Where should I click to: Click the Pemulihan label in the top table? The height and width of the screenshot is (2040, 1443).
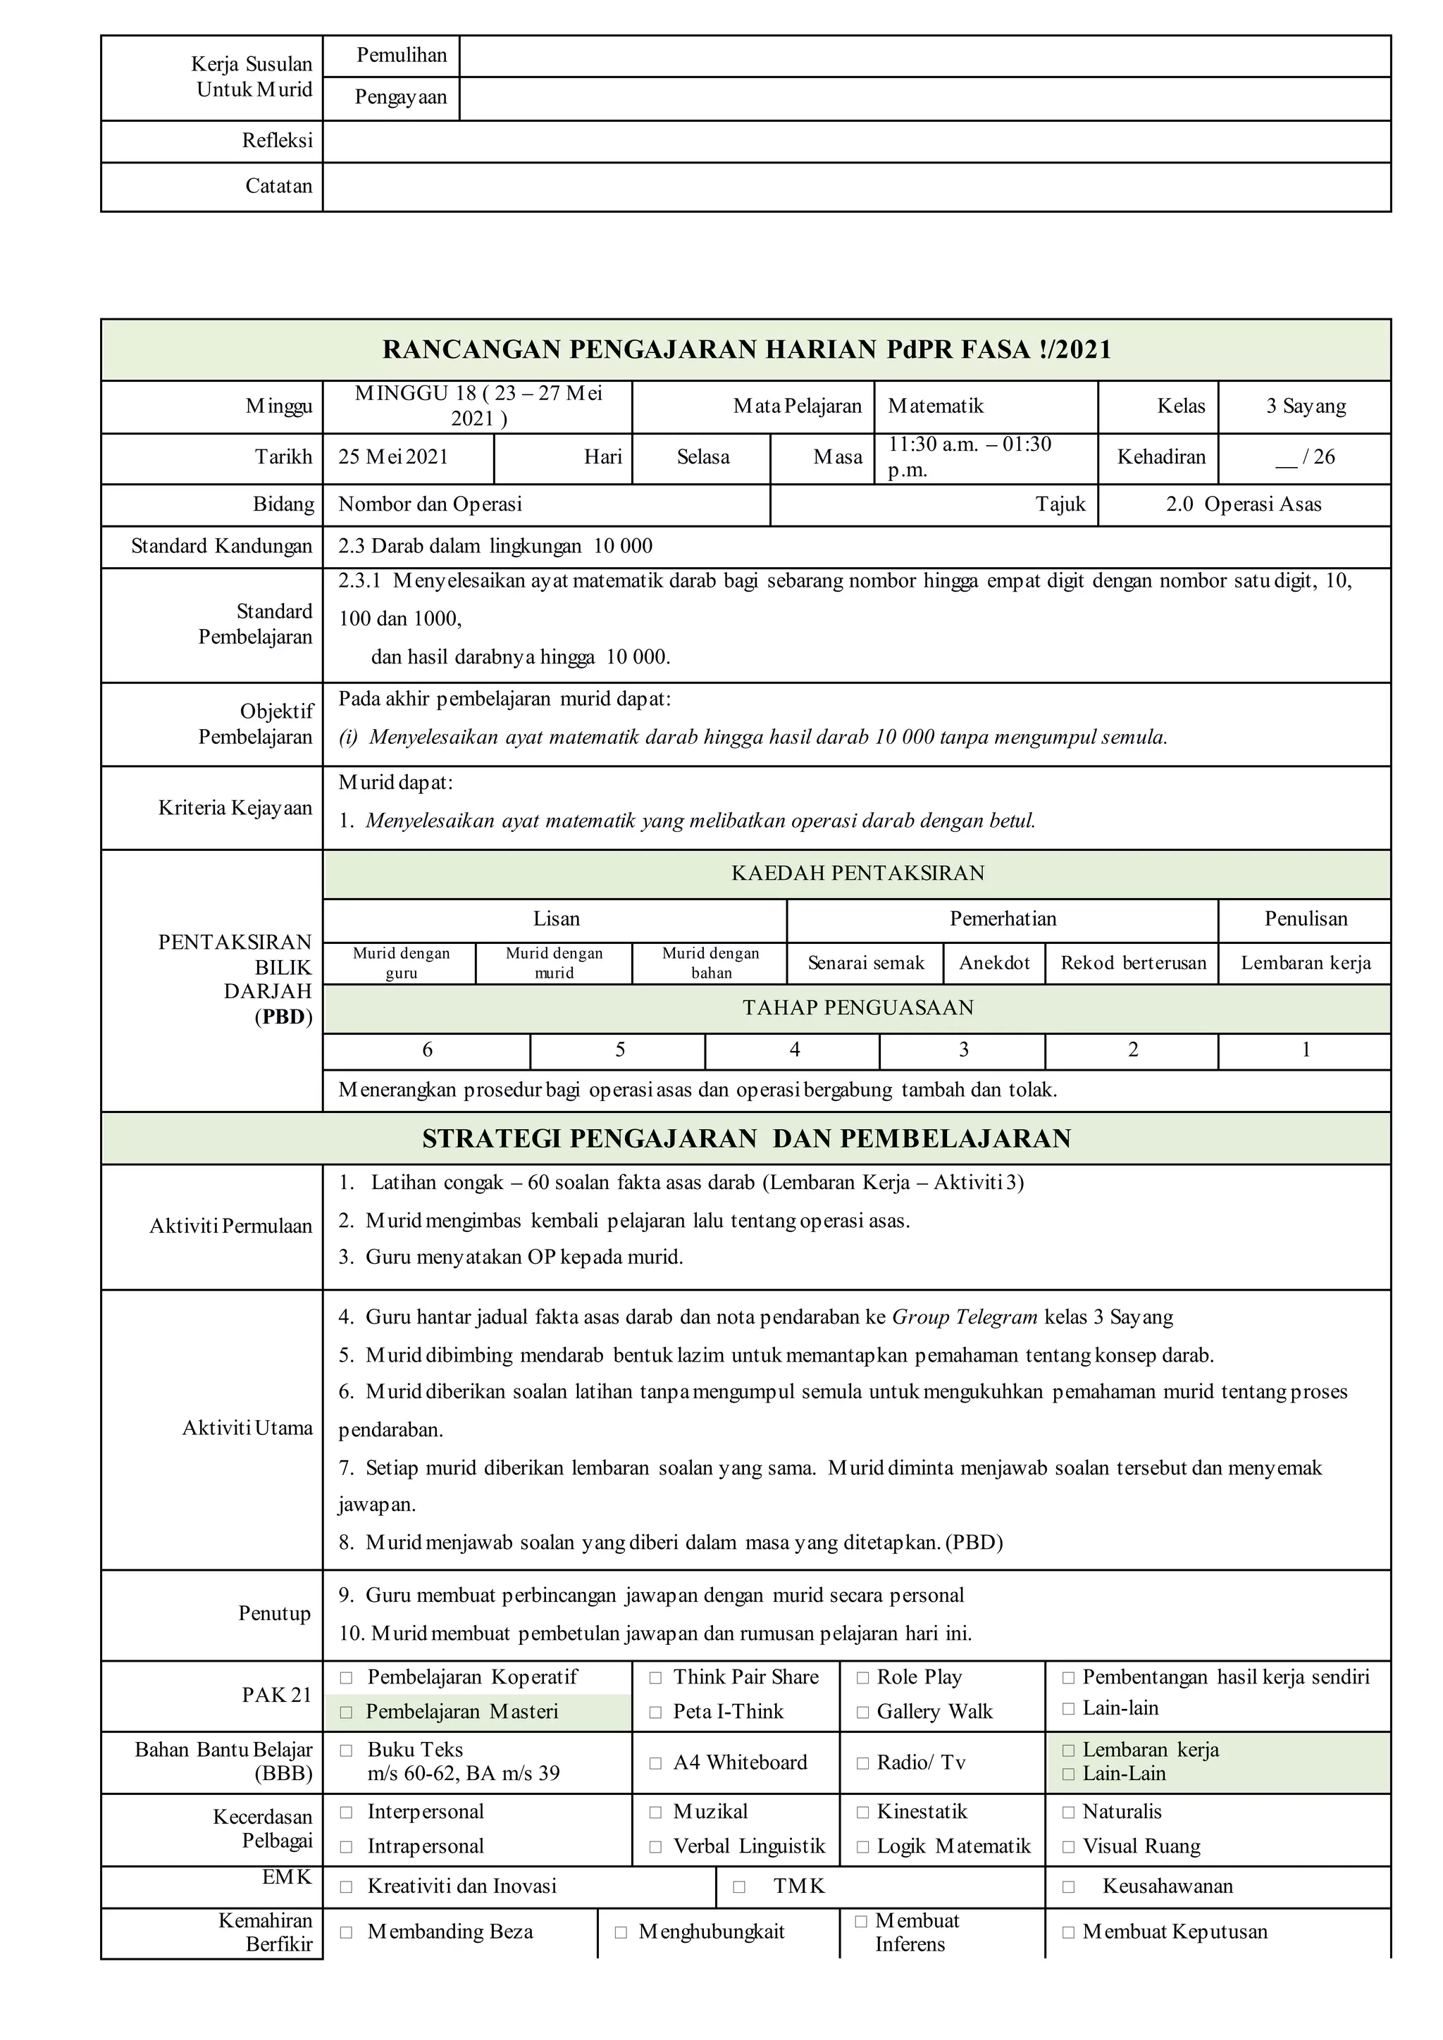pos(402,56)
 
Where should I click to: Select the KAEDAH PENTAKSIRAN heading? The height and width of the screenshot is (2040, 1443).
pos(857,873)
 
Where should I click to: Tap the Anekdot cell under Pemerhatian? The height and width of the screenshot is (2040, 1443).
pos(994,963)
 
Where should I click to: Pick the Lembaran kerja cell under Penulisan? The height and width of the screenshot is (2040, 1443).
pos(1306,963)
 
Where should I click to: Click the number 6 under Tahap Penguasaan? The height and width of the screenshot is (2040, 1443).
pos(428,1050)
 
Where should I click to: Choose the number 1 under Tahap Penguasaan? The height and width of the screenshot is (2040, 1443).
pos(1306,1050)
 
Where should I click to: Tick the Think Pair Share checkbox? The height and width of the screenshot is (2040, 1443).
pos(656,1677)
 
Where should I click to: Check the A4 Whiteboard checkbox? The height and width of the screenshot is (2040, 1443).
pos(656,1762)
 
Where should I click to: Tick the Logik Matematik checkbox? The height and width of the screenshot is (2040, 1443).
pos(862,1847)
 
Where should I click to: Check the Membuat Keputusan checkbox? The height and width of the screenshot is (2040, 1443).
pos(1069,1932)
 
